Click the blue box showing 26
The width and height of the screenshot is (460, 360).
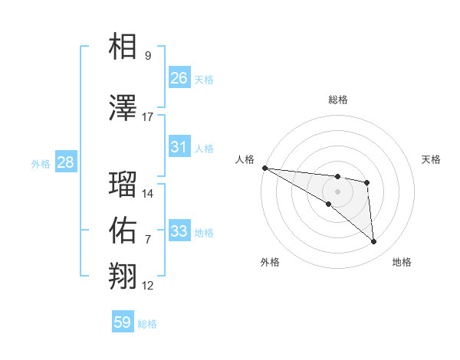(x=179, y=77)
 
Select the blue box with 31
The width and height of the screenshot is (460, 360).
(x=179, y=147)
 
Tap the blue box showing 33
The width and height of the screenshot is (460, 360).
(x=179, y=231)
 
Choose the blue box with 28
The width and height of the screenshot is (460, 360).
(x=65, y=162)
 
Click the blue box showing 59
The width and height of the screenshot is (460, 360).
(x=123, y=322)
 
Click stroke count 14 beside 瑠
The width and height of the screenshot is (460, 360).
(x=148, y=194)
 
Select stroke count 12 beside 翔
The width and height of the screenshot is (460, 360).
(x=148, y=286)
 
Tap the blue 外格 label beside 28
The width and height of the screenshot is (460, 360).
(x=41, y=163)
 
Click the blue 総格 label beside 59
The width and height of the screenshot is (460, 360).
(x=147, y=324)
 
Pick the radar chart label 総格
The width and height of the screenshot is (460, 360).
(x=337, y=100)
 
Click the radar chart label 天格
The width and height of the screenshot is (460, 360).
(x=432, y=159)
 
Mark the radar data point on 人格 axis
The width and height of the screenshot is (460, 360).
(x=264, y=168)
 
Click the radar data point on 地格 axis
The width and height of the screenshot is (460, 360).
(x=373, y=241)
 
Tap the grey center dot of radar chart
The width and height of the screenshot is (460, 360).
(x=337, y=191)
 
